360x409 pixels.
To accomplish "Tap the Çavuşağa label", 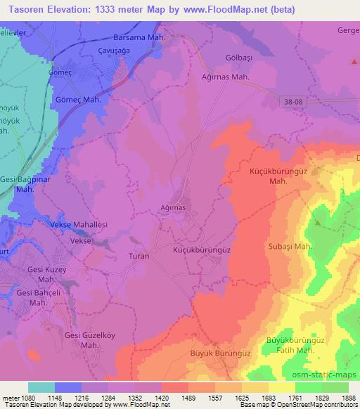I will coord(113,51).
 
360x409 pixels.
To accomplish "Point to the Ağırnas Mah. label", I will coord(226,77).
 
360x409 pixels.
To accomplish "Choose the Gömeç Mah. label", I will coord(78,100).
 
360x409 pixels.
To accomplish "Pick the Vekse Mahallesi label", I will coord(79,223).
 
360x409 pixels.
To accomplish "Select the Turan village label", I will coord(139,257).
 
